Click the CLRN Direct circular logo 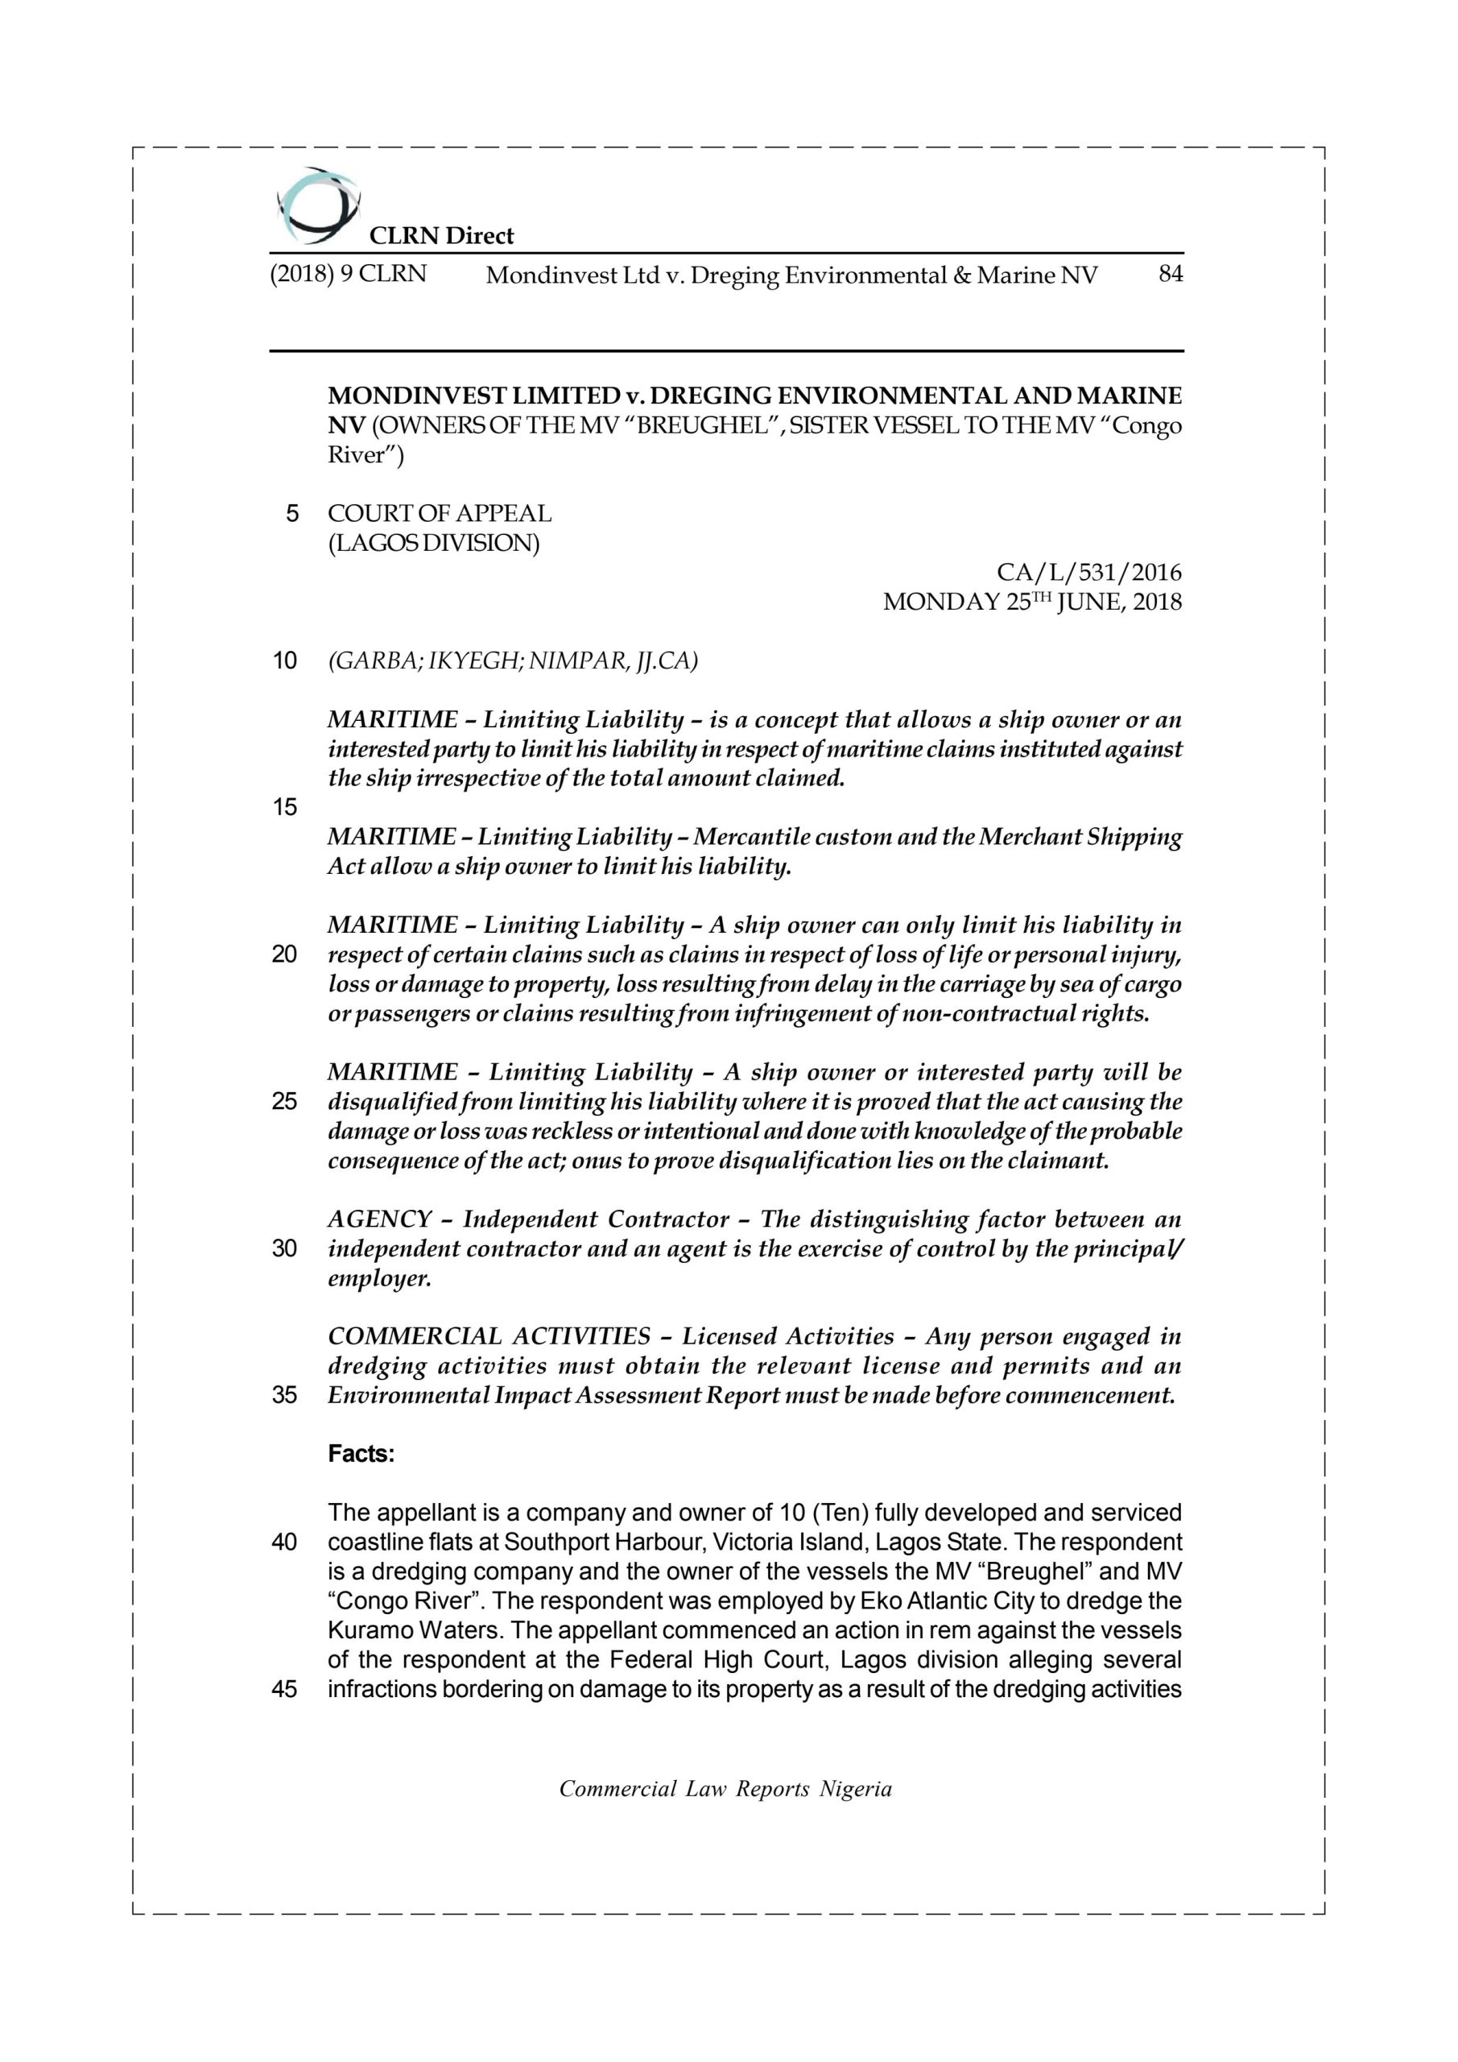click(316, 205)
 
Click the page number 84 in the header click(1170, 274)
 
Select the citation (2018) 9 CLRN click(349, 274)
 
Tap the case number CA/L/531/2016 click(1089, 572)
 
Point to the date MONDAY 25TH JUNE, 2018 click(1032, 602)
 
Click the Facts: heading click(361, 1454)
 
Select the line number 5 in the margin click(291, 514)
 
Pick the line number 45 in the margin click(285, 1689)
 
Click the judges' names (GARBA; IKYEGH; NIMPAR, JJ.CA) click(513, 661)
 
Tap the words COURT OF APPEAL click(439, 514)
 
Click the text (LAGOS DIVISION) click(434, 544)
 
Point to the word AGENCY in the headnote click(380, 1219)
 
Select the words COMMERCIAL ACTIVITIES click(489, 1336)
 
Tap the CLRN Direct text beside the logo click(442, 236)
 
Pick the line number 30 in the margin click(285, 1248)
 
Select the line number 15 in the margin click(285, 807)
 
